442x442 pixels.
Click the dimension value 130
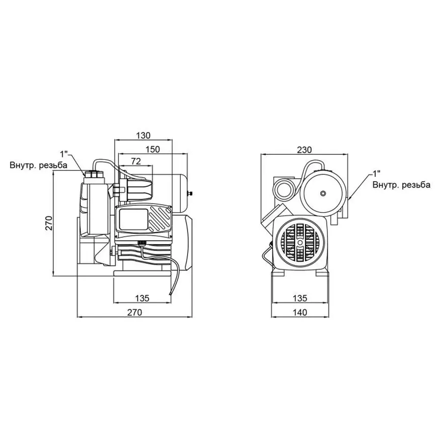(x=143, y=135)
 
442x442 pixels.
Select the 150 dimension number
(x=153, y=149)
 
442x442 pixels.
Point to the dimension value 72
(x=136, y=161)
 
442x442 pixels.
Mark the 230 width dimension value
(x=304, y=149)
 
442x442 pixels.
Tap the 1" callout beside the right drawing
(x=377, y=173)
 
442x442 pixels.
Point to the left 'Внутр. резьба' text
(x=38, y=165)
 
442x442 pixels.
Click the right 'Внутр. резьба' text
(x=401, y=185)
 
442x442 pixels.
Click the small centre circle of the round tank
(x=323, y=193)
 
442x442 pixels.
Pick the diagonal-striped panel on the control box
(x=161, y=219)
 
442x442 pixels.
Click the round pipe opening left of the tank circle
(x=285, y=189)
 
